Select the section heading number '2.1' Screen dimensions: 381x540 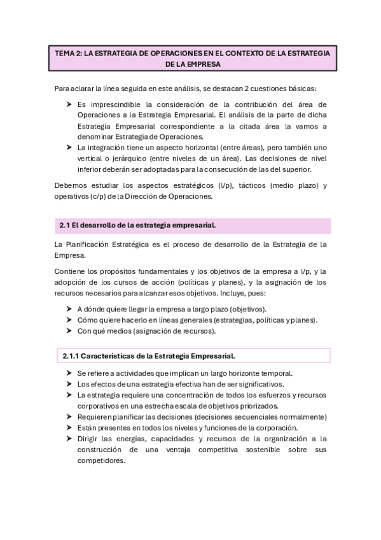tap(63, 225)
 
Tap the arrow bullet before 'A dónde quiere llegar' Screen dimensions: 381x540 tap(69, 309)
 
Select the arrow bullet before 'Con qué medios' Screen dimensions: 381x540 tap(69, 330)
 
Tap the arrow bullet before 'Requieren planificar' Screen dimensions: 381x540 tap(69, 416)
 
